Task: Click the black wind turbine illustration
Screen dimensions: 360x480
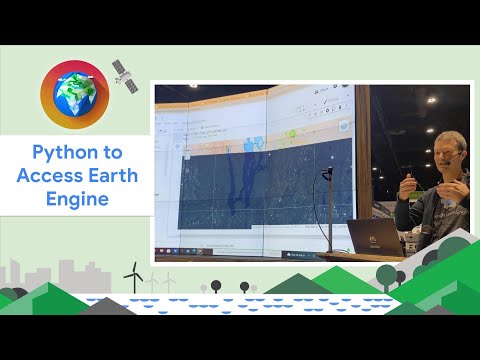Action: click(131, 276)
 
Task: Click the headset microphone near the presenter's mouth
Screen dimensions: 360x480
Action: click(456, 158)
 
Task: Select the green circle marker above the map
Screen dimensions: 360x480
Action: click(293, 132)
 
